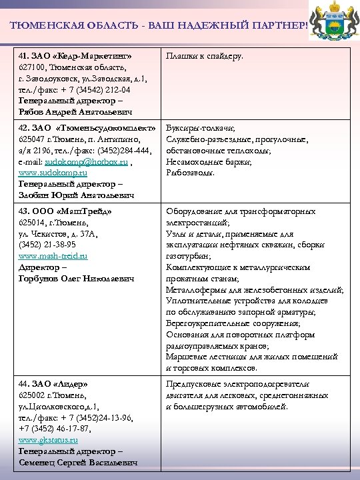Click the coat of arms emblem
[336, 22]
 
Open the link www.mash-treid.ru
[53, 255]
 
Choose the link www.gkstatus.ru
[49, 440]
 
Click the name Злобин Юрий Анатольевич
[76, 195]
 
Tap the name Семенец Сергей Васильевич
[78, 462]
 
